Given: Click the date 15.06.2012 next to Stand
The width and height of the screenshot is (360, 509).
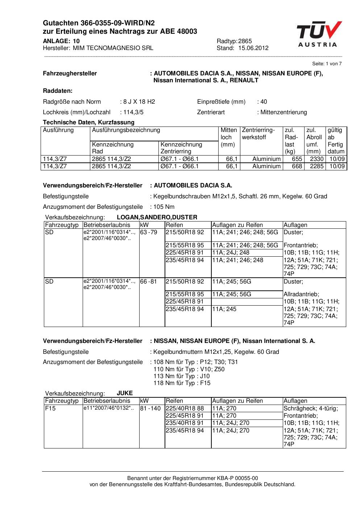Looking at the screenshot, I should click(x=253, y=48).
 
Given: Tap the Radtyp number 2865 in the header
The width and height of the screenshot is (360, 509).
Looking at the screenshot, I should click(x=245, y=41).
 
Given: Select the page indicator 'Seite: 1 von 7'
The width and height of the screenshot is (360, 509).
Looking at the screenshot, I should click(x=327, y=64).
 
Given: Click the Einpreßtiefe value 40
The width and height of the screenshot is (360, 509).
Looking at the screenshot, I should click(x=264, y=102).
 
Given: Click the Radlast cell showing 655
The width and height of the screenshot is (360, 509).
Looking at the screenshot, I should click(x=297, y=159).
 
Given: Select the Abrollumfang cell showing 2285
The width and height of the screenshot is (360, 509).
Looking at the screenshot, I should click(x=316, y=166).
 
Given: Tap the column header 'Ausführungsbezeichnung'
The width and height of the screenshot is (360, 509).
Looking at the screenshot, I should click(x=126, y=130).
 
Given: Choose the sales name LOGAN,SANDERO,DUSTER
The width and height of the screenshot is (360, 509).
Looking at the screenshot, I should click(x=157, y=217).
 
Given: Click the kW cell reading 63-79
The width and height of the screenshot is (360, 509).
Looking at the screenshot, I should click(x=149, y=232).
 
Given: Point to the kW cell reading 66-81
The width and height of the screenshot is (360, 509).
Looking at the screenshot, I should click(x=149, y=281).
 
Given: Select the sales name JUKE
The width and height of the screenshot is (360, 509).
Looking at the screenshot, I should click(x=125, y=393).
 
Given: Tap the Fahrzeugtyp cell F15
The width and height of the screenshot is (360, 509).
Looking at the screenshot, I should click(x=49, y=408).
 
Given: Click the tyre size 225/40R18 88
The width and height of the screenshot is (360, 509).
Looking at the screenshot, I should click(x=185, y=408).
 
